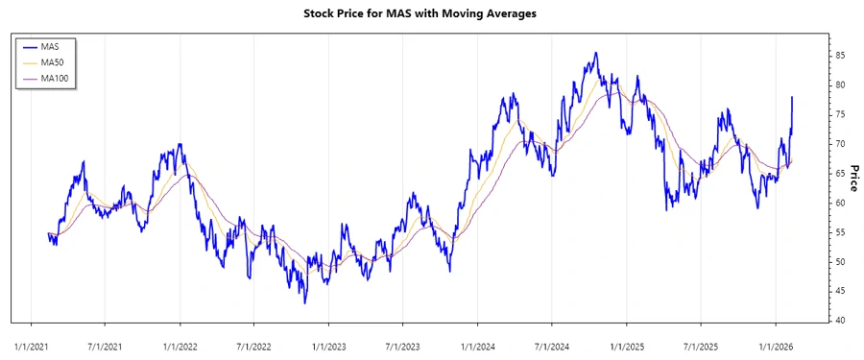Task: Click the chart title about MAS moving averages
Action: point(431,13)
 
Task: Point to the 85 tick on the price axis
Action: point(840,56)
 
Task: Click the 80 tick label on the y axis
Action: point(840,84)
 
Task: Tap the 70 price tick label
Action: point(840,144)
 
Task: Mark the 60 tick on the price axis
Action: point(840,203)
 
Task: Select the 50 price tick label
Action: point(840,262)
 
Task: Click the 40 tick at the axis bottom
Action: point(840,321)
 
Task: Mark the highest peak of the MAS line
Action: point(596,53)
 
